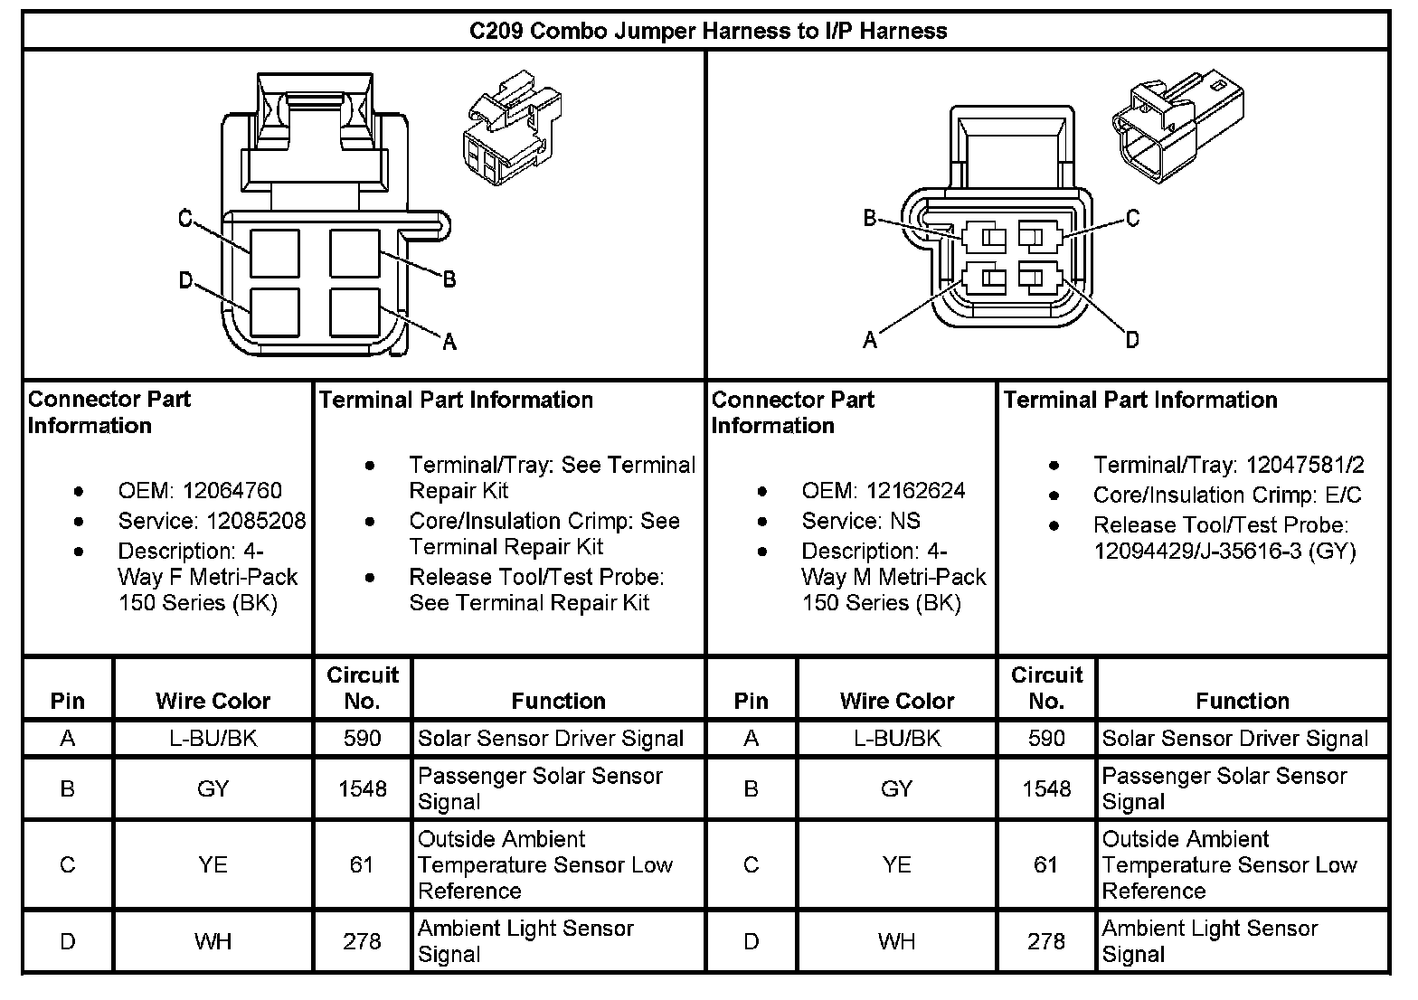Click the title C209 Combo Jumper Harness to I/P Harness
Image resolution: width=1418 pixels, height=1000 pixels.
[707, 32]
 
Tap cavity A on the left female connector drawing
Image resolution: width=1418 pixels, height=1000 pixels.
[354, 313]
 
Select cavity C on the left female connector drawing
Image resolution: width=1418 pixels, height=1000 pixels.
[275, 253]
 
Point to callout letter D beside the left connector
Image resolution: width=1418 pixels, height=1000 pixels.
[185, 281]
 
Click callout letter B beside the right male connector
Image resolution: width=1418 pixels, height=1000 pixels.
[870, 218]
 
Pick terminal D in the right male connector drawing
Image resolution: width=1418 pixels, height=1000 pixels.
[1032, 277]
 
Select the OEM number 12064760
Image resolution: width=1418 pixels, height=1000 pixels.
[232, 491]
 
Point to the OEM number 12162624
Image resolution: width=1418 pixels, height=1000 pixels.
[915, 491]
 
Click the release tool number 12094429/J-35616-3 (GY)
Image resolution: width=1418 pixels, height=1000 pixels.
[1224, 551]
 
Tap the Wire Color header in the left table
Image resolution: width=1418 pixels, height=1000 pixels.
[213, 701]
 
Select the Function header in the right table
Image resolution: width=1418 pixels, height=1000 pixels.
[1242, 701]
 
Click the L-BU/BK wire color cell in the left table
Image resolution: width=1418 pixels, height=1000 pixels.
[213, 739]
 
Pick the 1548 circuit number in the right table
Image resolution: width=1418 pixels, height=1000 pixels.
[1046, 788]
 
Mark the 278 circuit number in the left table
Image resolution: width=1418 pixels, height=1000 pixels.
[362, 942]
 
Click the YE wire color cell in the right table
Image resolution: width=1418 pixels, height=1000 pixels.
[896, 865]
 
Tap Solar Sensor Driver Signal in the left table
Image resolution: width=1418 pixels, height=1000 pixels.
[551, 739]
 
